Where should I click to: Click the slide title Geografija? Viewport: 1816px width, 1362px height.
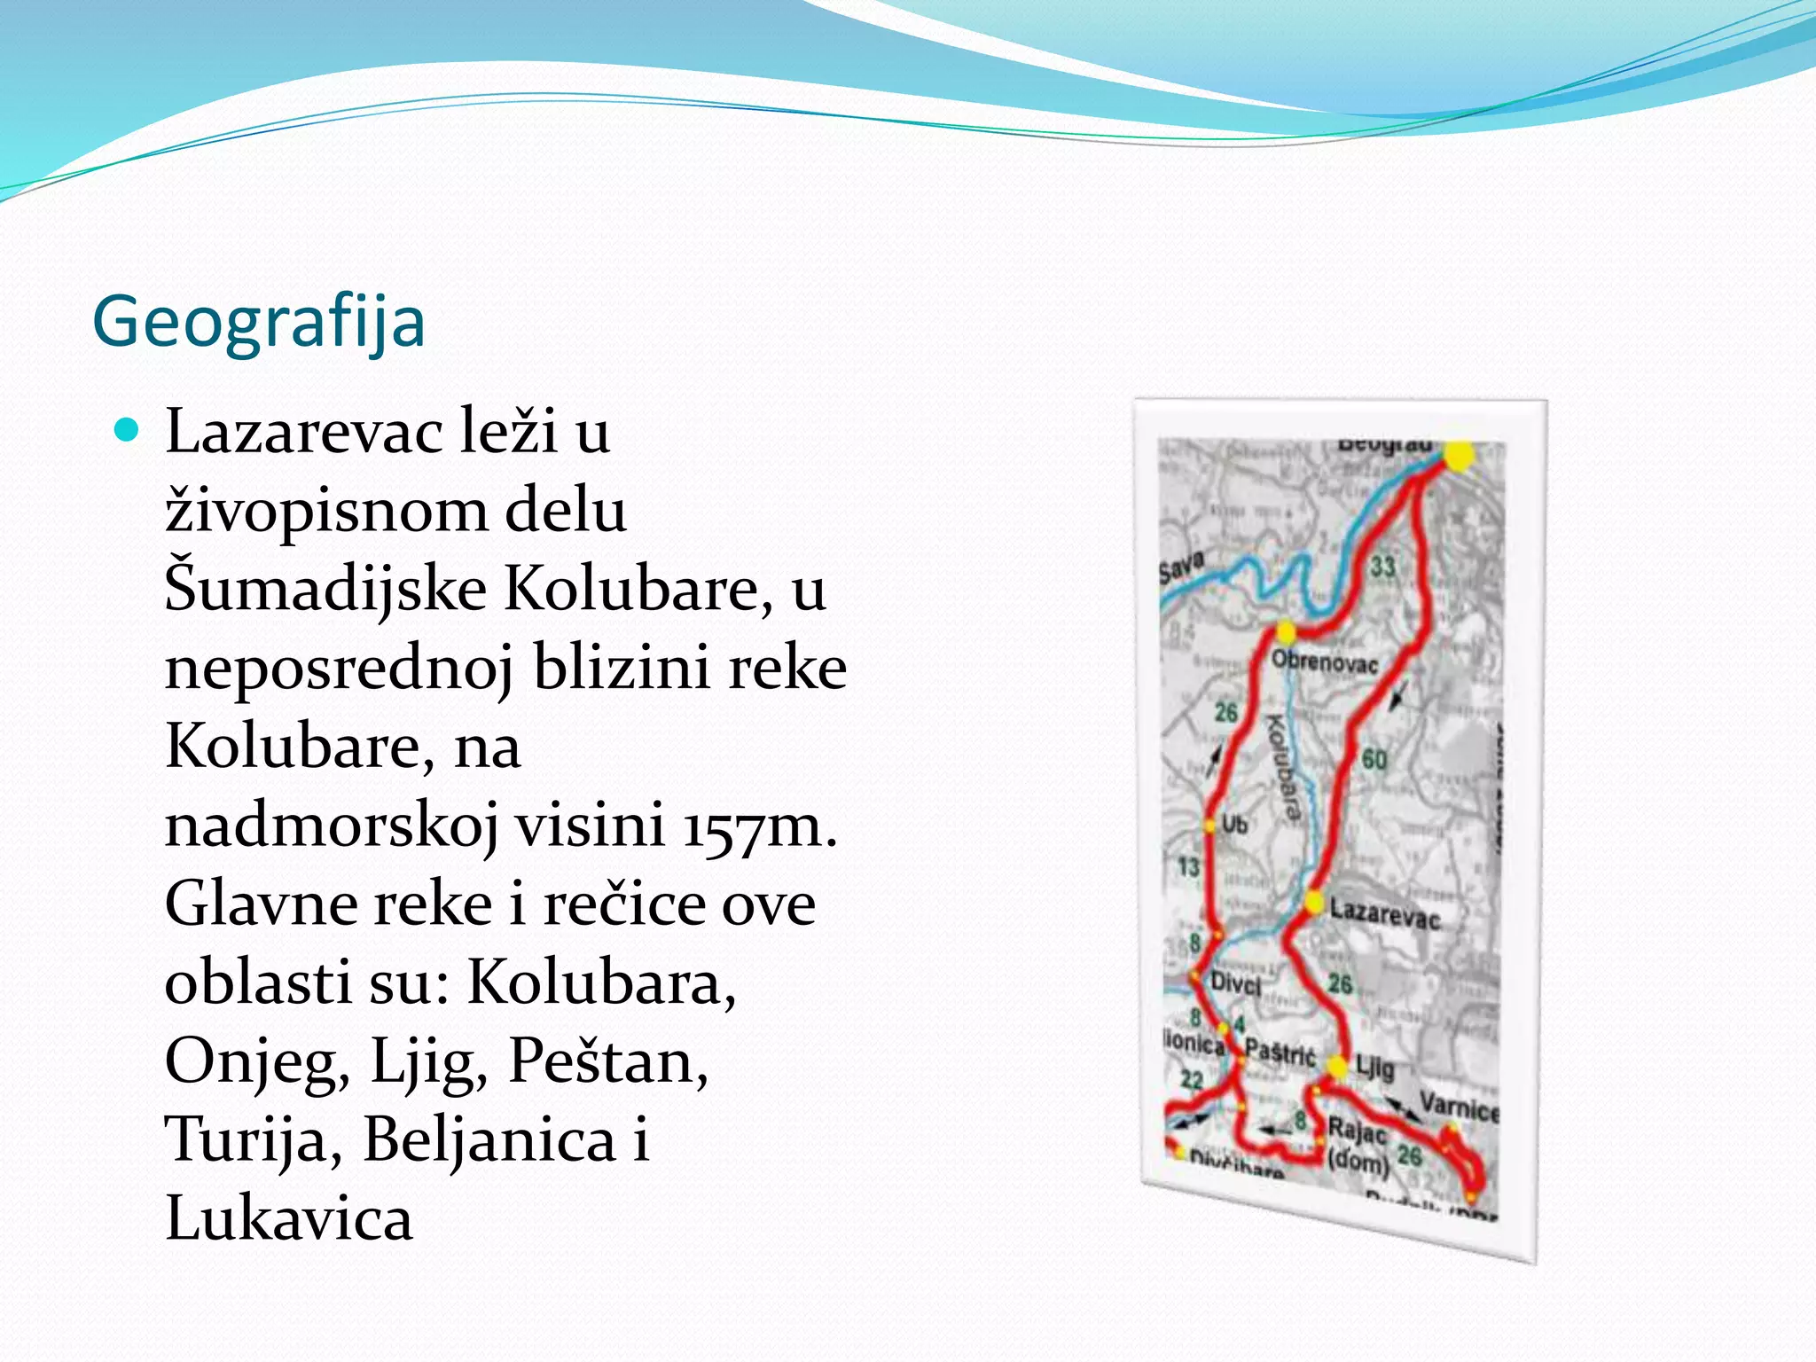259,322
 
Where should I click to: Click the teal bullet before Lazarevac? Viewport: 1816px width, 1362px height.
129,431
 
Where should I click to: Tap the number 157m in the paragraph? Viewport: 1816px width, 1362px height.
759,826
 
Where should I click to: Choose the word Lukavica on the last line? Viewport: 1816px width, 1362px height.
289,1218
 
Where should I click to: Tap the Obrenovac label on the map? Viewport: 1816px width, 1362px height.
1325,662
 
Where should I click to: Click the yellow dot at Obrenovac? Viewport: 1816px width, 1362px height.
1286,632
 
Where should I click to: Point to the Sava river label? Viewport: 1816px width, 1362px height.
1182,566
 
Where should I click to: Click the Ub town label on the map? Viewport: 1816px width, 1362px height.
1234,824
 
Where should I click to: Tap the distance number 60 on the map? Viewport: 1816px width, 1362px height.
1374,759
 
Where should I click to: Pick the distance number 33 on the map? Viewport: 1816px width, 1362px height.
1383,566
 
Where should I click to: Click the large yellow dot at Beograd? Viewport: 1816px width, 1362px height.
1459,457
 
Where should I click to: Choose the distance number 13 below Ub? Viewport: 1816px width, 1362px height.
1188,866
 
